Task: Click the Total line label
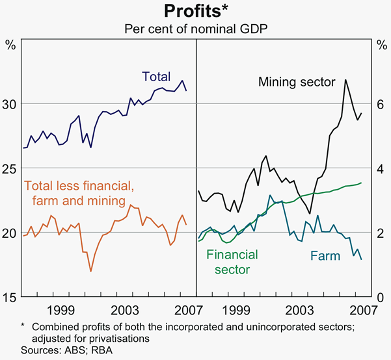pyautogui.click(x=156, y=77)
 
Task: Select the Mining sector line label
pyautogui.click(x=296, y=83)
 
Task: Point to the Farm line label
pyautogui.click(x=325, y=256)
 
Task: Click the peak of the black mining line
pyautogui.click(x=345, y=80)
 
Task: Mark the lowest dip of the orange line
pyautogui.click(x=91, y=271)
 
